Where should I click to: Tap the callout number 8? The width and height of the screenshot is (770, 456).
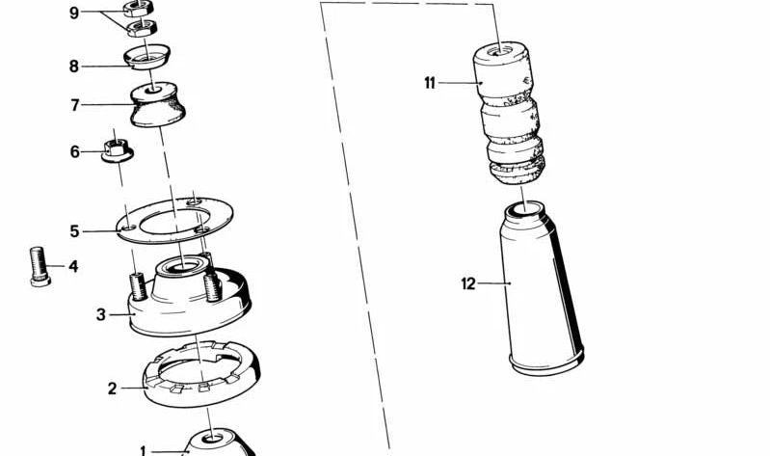(74, 67)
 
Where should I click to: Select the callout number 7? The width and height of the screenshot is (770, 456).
(74, 105)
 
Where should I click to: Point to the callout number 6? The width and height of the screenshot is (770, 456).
(74, 152)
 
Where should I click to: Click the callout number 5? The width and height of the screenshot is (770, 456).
(74, 231)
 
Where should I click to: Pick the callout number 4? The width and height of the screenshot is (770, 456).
(73, 267)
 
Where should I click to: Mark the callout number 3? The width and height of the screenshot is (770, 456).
(100, 314)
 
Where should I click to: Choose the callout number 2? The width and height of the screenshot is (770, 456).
(112, 389)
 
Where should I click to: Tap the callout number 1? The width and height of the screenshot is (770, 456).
(144, 450)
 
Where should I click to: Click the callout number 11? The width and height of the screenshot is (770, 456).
(430, 83)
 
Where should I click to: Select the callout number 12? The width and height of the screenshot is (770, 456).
(468, 283)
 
